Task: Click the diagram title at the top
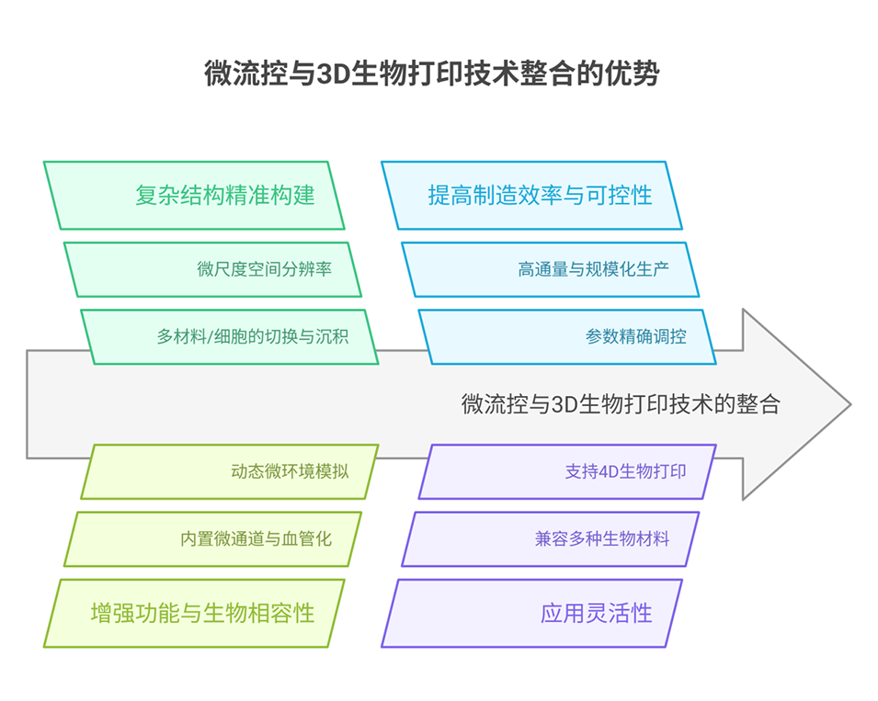pos(431,73)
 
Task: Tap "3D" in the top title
pos(329,74)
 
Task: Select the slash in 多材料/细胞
pos(210,337)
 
